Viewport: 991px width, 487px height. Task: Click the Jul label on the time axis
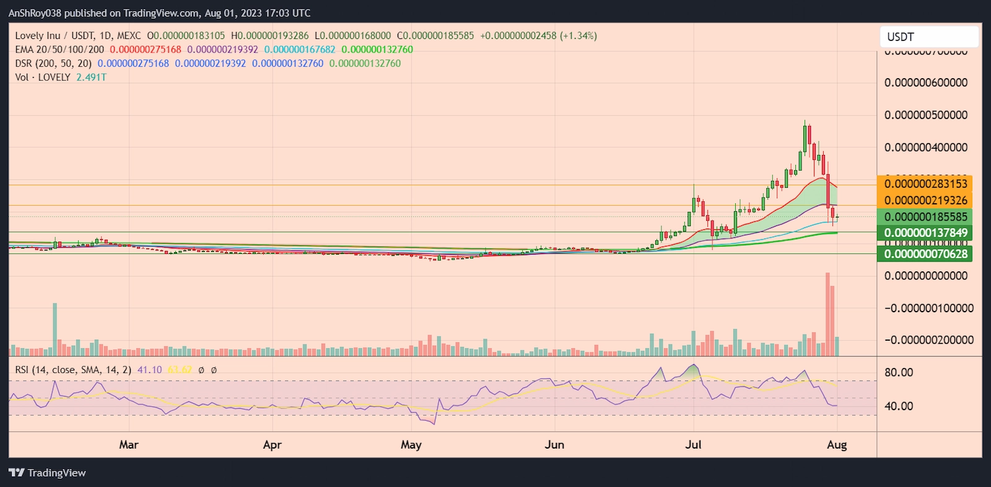coord(693,444)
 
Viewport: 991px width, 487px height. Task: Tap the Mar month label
coord(129,444)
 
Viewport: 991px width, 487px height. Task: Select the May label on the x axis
coord(411,444)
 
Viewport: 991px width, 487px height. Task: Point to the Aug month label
coord(837,444)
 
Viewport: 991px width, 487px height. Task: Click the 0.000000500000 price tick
coord(925,115)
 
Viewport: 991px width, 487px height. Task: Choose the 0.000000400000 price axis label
coord(925,147)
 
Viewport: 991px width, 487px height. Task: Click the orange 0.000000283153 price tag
coord(925,183)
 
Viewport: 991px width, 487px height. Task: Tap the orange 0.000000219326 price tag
coord(925,200)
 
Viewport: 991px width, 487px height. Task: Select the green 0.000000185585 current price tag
coord(925,217)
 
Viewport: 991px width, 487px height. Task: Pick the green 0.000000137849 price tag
coord(925,233)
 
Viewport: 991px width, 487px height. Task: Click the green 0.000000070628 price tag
coord(925,253)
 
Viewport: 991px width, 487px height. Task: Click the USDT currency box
coord(928,37)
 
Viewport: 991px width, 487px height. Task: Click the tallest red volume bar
coord(827,314)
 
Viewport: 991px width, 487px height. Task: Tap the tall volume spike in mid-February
coord(55,329)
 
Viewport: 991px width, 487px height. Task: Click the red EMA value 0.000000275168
coord(146,50)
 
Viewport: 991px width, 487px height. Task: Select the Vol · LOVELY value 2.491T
coord(91,77)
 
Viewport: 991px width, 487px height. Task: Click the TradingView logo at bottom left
coord(48,473)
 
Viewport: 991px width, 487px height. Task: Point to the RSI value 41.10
coord(149,370)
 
